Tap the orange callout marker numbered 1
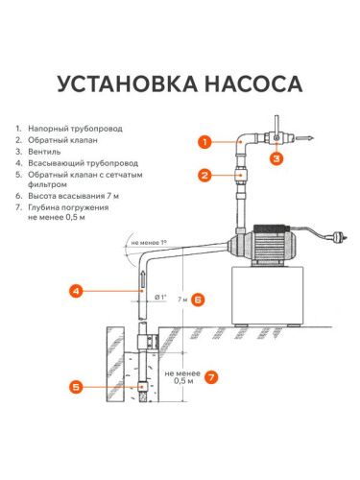point(204,142)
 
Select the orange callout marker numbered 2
point(204,175)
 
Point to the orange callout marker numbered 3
point(276,156)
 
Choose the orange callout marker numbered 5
point(78,387)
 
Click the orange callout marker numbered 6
point(198,300)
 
